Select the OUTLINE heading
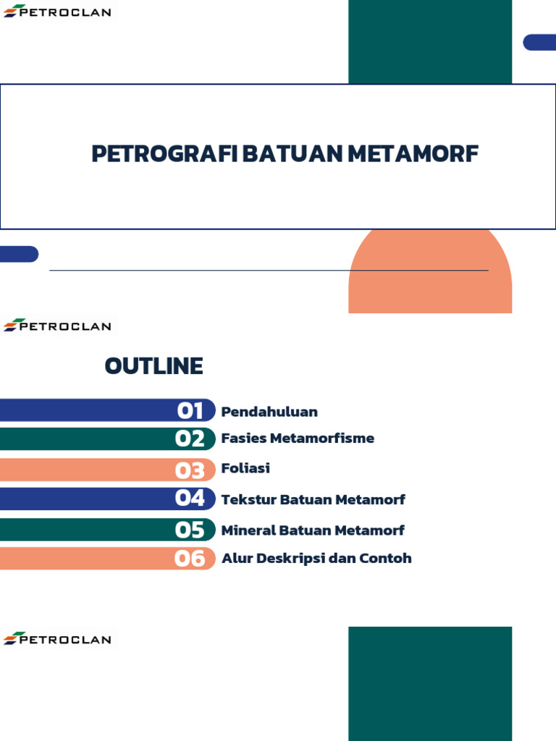point(153,366)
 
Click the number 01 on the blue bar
point(190,411)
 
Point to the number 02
point(190,439)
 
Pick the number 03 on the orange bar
point(190,470)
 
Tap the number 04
point(190,499)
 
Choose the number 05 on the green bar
point(190,530)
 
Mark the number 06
point(190,559)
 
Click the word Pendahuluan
point(269,412)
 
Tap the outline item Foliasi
point(245,468)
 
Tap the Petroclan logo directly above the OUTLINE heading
point(58,326)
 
